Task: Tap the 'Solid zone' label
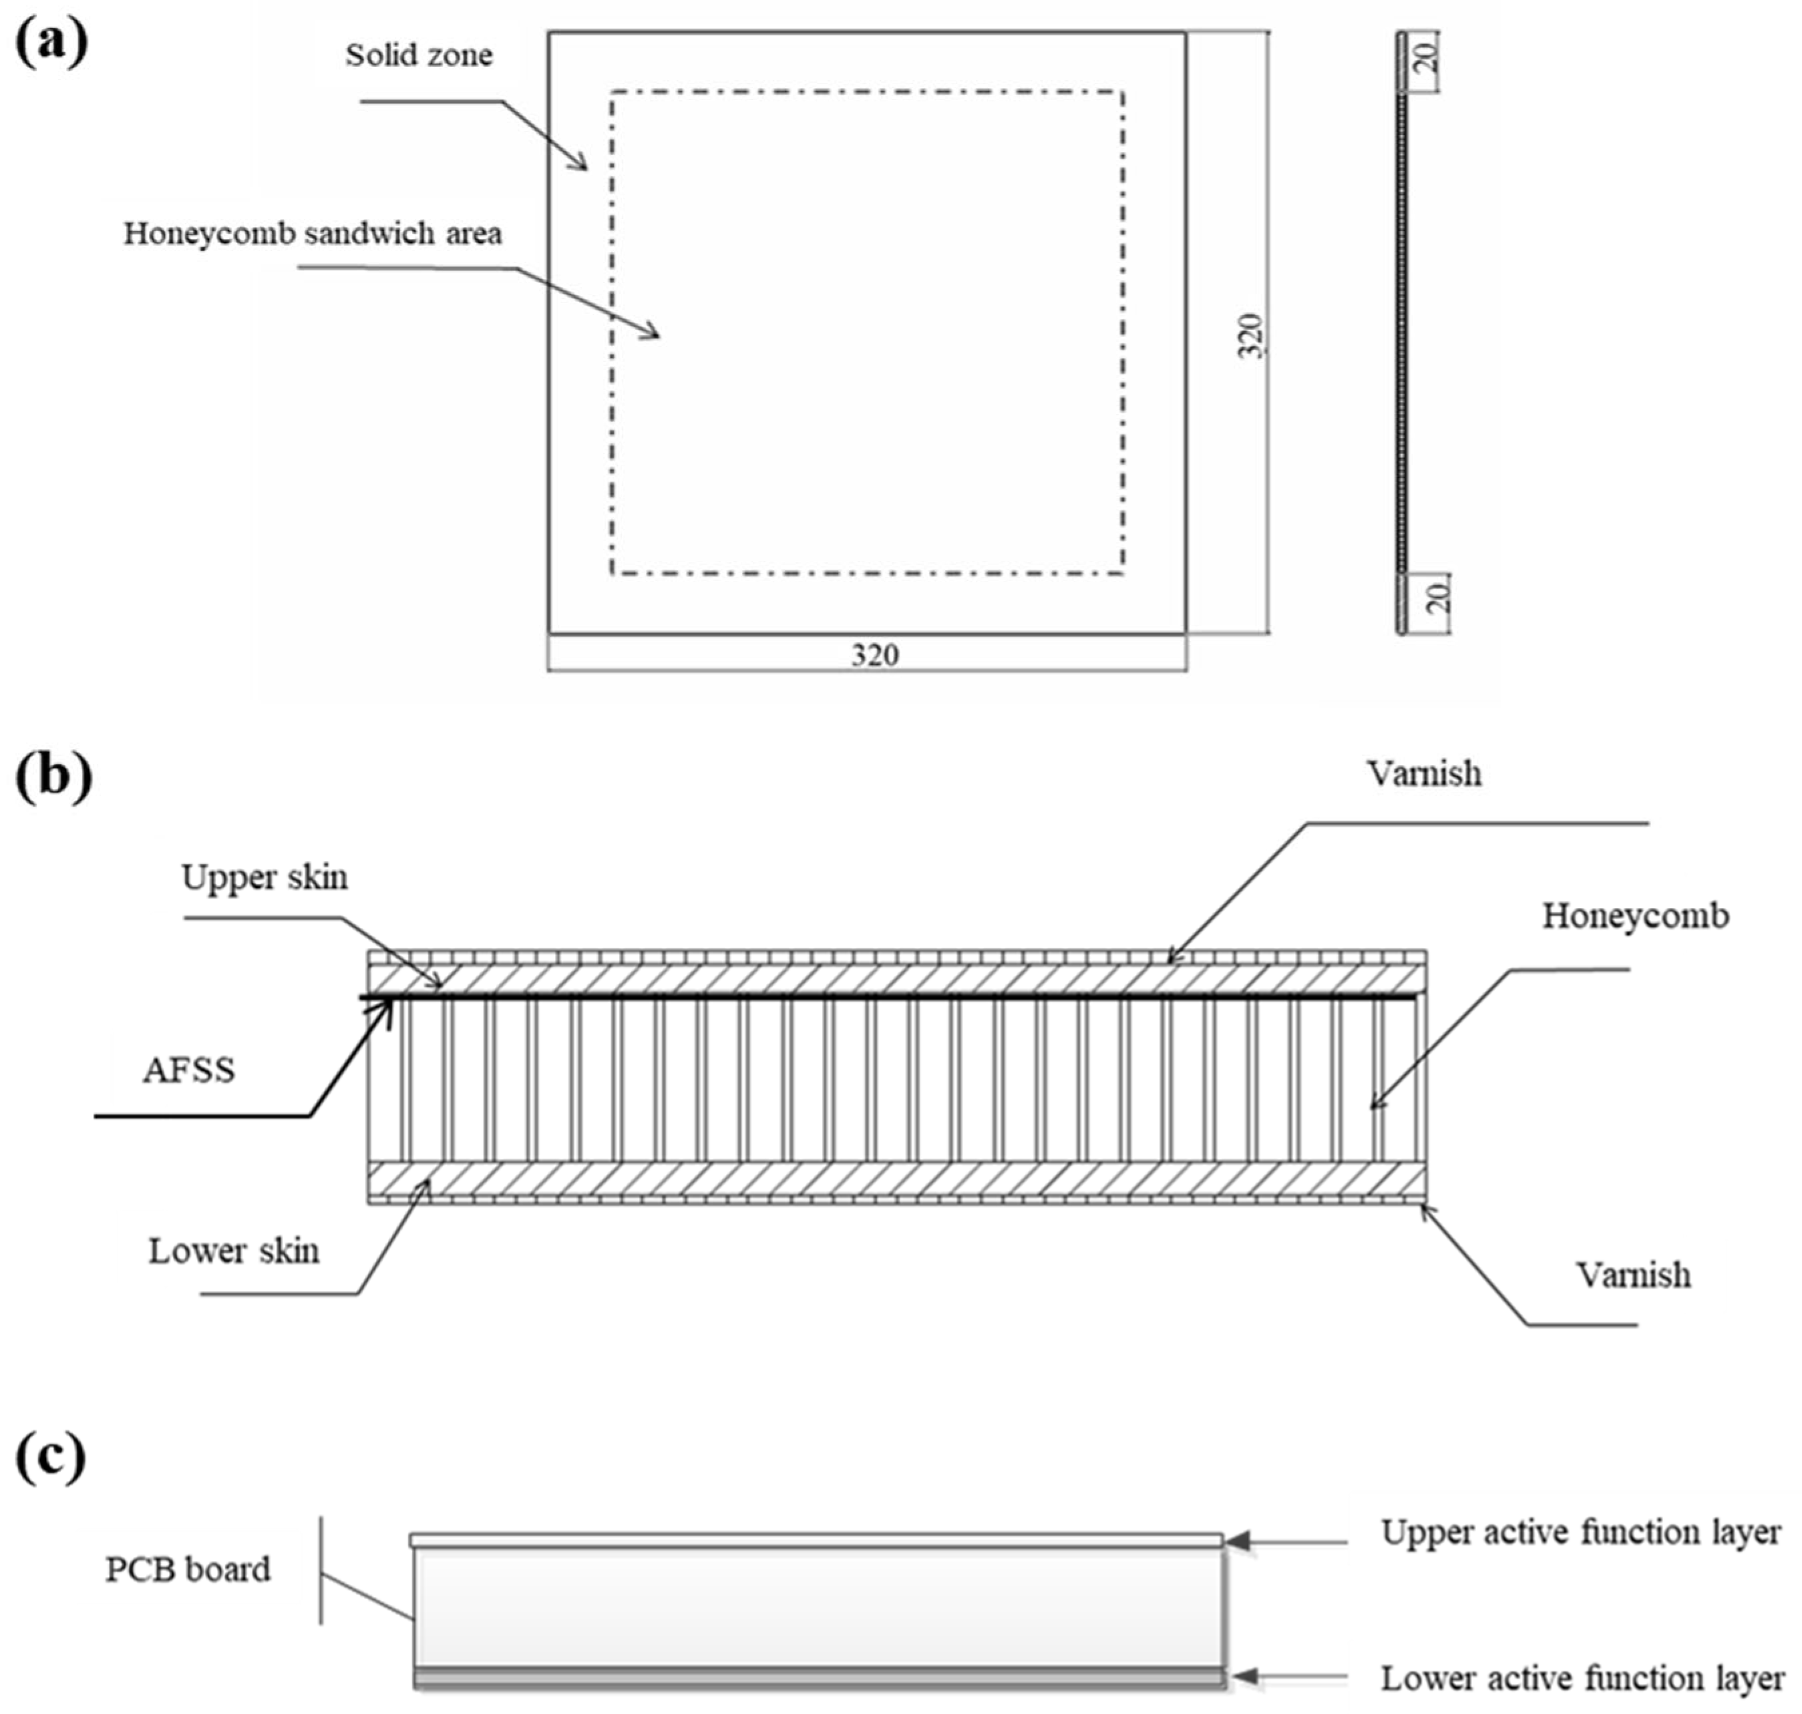pyautogui.click(x=419, y=55)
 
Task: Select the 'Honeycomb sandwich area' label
pyautogui.click(x=313, y=234)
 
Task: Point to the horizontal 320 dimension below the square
pyautogui.click(x=874, y=655)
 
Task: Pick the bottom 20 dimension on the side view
pyautogui.click(x=1437, y=598)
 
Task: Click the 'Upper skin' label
pyautogui.click(x=264, y=877)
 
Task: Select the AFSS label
pyautogui.click(x=188, y=1070)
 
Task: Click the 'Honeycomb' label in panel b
pyautogui.click(x=1635, y=915)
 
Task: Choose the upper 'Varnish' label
pyautogui.click(x=1424, y=774)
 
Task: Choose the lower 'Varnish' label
pyautogui.click(x=1633, y=1275)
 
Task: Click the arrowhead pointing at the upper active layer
pyautogui.click(x=1236, y=1541)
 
